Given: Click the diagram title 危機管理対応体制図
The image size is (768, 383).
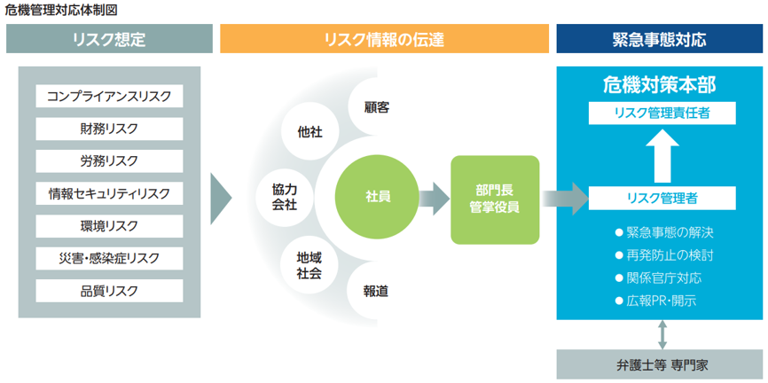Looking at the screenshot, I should click(61, 9).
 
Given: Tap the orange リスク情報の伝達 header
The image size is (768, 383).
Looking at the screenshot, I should click(383, 38).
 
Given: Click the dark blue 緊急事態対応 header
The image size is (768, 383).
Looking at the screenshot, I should click(659, 38).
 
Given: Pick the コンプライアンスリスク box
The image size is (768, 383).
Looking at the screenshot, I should click(109, 96).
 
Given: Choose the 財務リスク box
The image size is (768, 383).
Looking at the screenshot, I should click(109, 129).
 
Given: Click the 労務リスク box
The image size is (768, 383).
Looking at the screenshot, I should click(109, 160).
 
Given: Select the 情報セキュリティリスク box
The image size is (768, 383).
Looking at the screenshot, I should click(109, 193).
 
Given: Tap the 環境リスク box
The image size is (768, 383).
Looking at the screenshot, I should click(109, 225).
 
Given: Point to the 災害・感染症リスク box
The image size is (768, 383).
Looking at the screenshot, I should click(109, 258).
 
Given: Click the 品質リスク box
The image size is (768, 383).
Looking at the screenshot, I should click(109, 291).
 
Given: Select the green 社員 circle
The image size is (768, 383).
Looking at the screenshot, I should click(378, 197).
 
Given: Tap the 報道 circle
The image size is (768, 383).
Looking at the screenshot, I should click(376, 289).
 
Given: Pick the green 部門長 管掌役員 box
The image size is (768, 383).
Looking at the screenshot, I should click(495, 199).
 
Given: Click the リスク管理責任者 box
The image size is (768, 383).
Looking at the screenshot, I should click(662, 113).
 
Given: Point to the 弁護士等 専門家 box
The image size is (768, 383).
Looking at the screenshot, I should click(662, 364).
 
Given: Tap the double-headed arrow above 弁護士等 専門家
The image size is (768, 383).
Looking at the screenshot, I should click(662, 334).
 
